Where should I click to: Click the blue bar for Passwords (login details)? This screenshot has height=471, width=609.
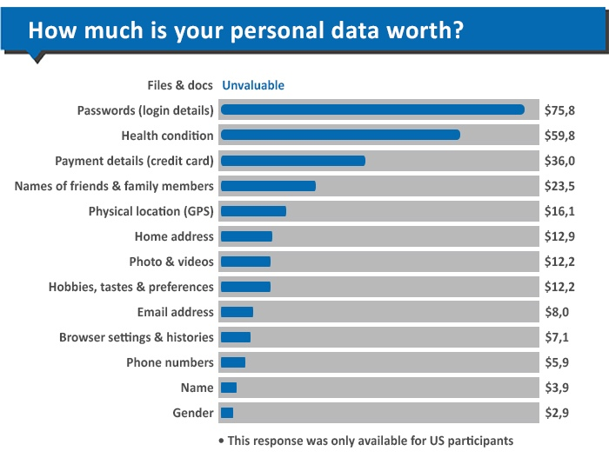pyautogui.click(x=372, y=110)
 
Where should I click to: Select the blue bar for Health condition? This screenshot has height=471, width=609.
pyautogui.click(x=340, y=136)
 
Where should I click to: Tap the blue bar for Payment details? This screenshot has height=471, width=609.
pyautogui.click(x=293, y=161)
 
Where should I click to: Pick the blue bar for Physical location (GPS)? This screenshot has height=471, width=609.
pyautogui.click(x=253, y=211)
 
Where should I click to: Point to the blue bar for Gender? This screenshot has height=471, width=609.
pyautogui.click(x=227, y=413)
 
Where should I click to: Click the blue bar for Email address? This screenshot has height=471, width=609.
pyautogui.click(x=237, y=312)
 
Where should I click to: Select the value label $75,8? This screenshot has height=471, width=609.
pyautogui.click(x=559, y=110)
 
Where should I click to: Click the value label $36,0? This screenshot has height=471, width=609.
pyautogui.click(x=559, y=161)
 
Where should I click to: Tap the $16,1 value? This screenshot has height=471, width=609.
pyautogui.click(x=559, y=211)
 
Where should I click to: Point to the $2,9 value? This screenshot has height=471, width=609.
pyautogui.click(x=557, y=413)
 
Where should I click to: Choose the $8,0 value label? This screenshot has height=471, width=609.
pyautogui.click(x=557, y=312)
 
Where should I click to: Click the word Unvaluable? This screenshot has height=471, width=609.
pyautogui.click(x=253, y=85)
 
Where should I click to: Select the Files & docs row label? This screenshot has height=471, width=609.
pyautogui.click(x=180, y=85)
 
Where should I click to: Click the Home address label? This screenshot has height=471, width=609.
pyautogui.click(x=174, y=236)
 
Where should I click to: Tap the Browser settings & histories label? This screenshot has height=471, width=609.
pyautogui.click(x=136, y=337)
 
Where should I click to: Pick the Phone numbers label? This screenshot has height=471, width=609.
pyautogui.click(x=170, y=362)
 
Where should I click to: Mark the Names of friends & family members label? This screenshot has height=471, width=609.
pyautogui.click(x=114, y=186)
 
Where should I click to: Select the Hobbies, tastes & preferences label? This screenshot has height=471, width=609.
pyautogui.click(x=130, y=287)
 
